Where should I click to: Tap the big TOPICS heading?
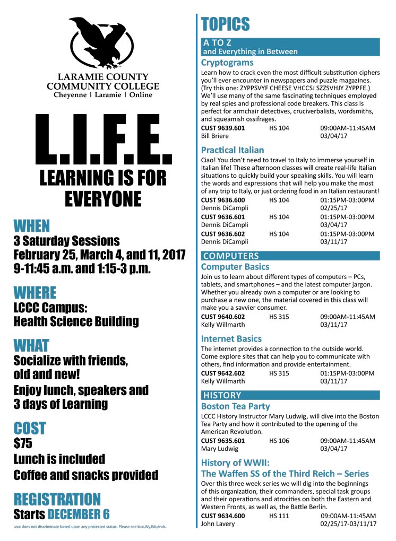[225, 24]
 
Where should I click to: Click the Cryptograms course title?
[227, 63]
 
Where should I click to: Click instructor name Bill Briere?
[215, 136]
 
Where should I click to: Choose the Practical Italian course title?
[233, 150]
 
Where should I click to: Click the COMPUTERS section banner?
[231, 256]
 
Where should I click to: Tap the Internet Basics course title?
[231, 338]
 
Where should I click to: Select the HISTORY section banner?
[222, 395]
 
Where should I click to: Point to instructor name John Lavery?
[217, 523]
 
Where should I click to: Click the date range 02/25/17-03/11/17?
[348, 523]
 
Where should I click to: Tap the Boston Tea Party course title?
[236, 406]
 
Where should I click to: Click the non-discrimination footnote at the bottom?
[99, 527]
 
